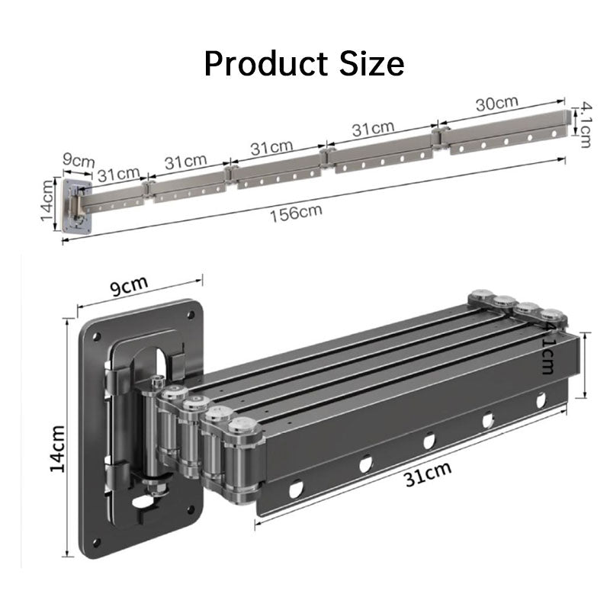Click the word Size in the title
(371, 64)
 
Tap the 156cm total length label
(296, 211)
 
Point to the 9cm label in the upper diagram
(78, 161)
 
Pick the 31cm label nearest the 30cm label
(373, 129)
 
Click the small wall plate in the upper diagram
(76, 206)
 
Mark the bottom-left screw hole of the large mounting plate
(97, 543)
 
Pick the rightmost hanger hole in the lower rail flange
(541, 399)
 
